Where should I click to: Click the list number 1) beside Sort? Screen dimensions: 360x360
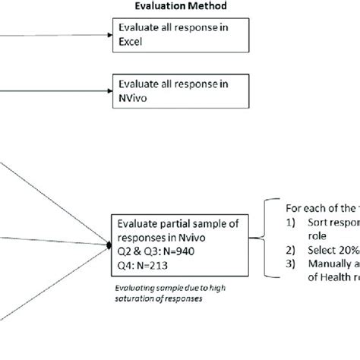pyautogui.click(x=292, y=223)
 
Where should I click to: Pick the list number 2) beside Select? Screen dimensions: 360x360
pyautogui.click(x=292, y=248)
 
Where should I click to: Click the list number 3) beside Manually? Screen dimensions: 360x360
pyautogui.click(x=292, y=264)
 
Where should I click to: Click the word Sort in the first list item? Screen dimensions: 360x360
pyautogui.click(x=319, y=223)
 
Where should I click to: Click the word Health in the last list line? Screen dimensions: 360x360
pyautogui.click(x=335, y=276)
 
